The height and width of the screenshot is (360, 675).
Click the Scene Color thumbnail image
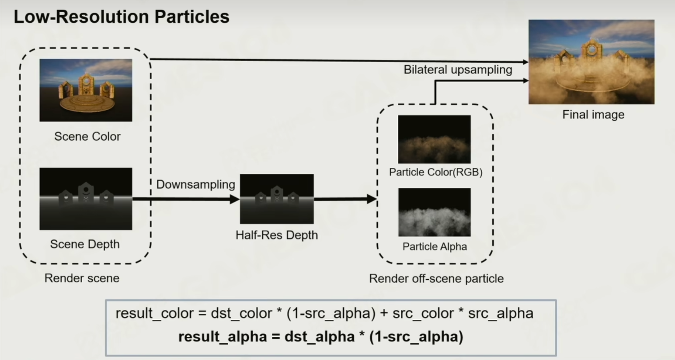tap(86, 90)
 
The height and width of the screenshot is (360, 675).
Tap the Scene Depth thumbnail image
tap(86, 199)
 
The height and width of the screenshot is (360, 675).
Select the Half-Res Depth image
tap(277, 199)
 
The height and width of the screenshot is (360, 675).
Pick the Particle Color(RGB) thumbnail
tap(434, 139)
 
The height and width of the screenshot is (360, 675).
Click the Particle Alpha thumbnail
tap(434, 212)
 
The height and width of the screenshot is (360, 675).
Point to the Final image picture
tap(591, 62)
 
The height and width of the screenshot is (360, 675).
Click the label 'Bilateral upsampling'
tap(458, 70)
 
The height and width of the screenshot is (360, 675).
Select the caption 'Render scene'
tap(82, 278)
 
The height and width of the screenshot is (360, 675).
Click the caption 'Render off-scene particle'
tap(436, 279)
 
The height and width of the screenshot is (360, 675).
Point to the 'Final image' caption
tap(593, 115)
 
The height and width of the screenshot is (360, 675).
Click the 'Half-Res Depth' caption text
tap(277, 235)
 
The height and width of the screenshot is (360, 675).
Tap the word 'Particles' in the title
tap(191, 17)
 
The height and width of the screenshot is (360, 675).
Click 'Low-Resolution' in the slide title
tap(81, 17)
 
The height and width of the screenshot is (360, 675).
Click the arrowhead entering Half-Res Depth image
tap(234, 199)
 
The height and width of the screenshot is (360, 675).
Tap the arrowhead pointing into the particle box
tap(372, 199)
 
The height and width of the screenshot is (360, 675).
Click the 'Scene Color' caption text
tap(87, 136)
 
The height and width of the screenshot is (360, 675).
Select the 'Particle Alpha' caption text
tap(435, 247)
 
